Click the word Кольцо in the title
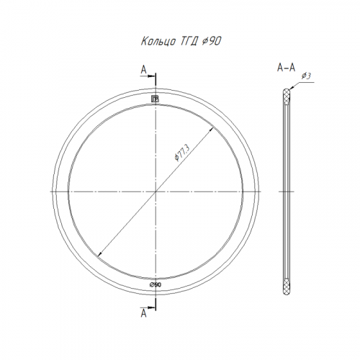[158, 41]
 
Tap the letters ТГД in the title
[189, 41]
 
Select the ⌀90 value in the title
[212, 41]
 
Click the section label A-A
[286, 68]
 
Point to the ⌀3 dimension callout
[307, 76]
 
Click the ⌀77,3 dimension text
[182, 153]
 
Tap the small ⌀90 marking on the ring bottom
[156, 284]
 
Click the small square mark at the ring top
[155, 99]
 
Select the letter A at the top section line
[143, 70]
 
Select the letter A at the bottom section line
[143, 313]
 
